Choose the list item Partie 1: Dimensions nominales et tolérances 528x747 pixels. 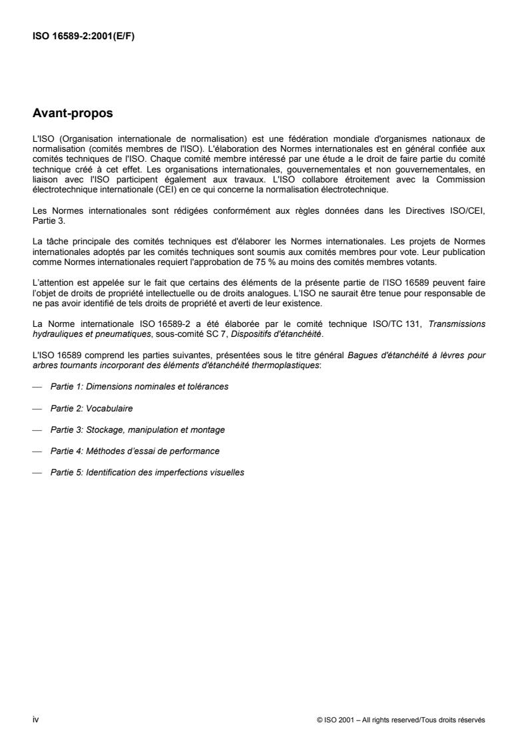point(139,387)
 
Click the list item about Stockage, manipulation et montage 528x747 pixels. point(137,429)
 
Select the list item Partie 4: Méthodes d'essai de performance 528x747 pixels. point(134,451)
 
